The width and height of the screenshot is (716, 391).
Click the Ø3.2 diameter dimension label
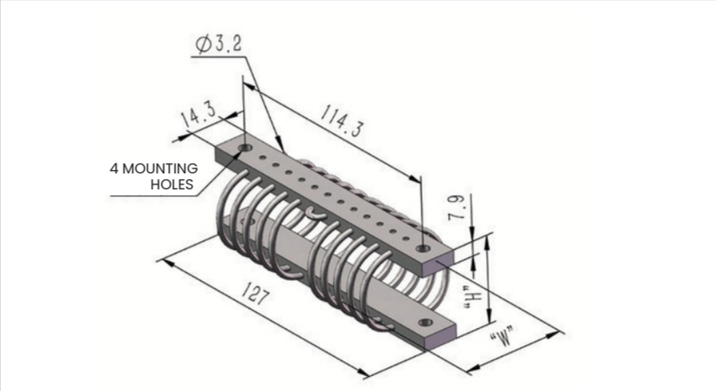pos(218,44)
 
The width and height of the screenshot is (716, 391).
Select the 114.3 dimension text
pos(341,121)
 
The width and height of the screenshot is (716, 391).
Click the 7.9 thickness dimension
pos(457,208)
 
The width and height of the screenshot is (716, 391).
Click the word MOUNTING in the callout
pos(160,168)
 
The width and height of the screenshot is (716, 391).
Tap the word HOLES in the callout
pos(172,184)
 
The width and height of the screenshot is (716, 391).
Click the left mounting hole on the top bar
pos(246,147)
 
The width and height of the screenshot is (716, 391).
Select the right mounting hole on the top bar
pos(423,249)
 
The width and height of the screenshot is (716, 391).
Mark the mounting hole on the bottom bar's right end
pos(425,322)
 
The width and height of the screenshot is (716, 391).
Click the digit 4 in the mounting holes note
pos(114,168)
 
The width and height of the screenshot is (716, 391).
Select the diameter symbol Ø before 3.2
pos(203,45)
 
